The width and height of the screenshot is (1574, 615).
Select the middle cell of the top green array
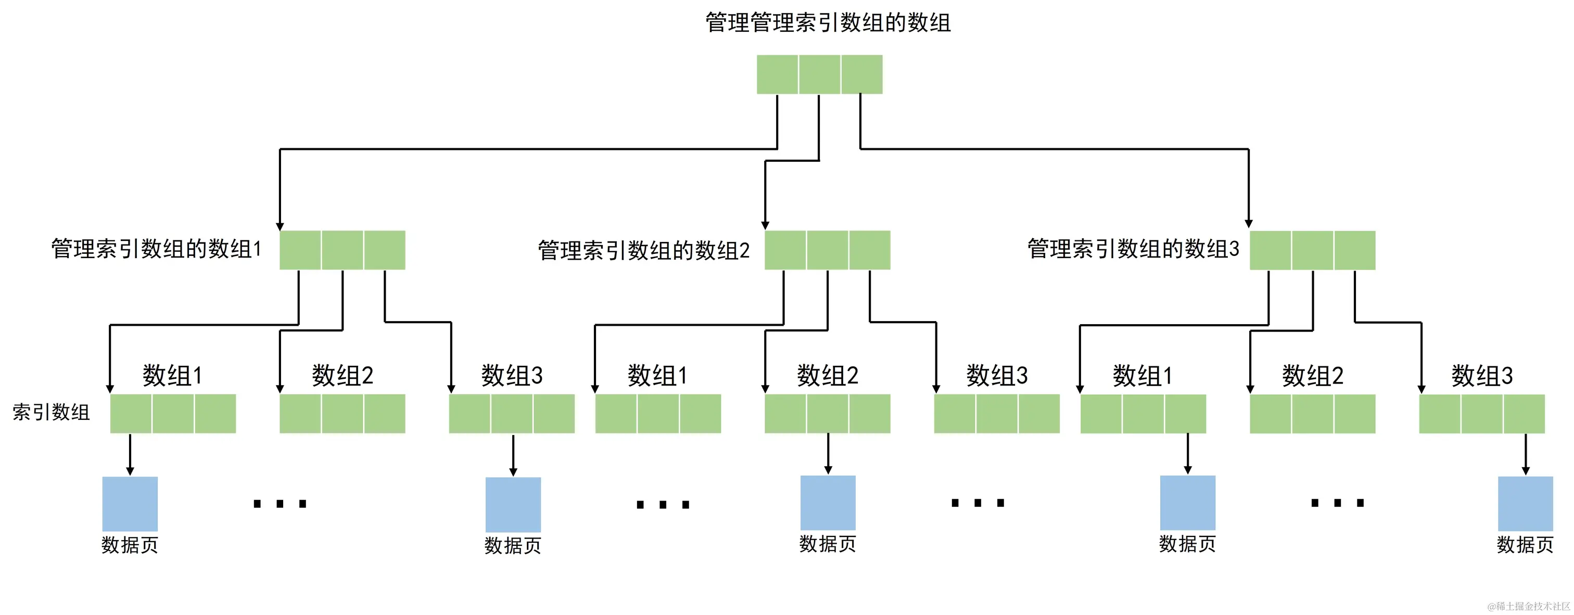pos(819,74)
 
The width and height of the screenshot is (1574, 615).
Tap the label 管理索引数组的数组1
pos(157,249)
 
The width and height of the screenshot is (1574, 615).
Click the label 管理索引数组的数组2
pos(643,251)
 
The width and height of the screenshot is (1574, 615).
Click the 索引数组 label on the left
pos(52,412)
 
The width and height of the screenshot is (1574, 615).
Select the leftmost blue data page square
pos(130,504)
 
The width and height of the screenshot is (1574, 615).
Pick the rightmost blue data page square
pos(1525,503)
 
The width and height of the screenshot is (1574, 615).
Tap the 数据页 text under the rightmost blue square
pos(1525,545)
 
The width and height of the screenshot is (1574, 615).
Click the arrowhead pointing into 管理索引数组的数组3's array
pos(1248,224)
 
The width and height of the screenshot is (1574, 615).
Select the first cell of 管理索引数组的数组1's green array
pos(300,250)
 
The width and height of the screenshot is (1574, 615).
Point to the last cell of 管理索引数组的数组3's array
pos(1355,250)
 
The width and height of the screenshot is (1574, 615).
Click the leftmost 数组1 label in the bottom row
pos(172,376)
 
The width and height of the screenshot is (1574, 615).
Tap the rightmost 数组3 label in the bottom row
pos(1482,376)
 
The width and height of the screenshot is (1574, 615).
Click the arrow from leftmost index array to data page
pos(130,454)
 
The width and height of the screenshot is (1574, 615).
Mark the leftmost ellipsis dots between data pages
pos(279,504)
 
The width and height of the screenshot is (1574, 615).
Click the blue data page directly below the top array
pos(828,503)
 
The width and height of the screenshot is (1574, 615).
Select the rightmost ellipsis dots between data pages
pos(1338,503)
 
